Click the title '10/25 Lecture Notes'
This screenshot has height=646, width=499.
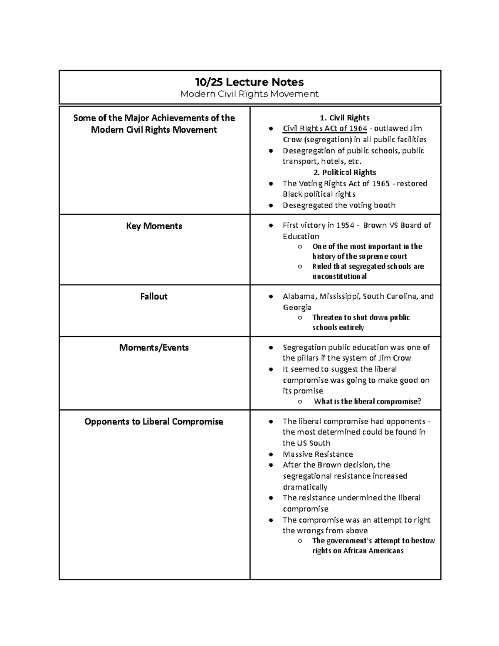pos(249,82)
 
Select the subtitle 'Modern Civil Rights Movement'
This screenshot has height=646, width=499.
pos(249,94)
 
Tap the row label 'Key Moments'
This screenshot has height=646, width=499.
pos(154,226)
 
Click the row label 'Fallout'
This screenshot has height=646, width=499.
pos(154,297)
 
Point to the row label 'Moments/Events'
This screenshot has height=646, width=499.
pos(154,348)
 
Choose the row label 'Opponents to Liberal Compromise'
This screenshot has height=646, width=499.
pos(154,422)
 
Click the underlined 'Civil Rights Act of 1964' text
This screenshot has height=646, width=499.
pos(325,129)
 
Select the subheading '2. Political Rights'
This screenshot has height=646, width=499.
pos(345,173)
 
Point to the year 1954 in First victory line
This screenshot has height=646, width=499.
pos(345,225)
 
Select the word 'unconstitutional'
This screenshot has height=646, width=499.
pos(339,277)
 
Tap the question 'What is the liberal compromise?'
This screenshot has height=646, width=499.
pos(367,402)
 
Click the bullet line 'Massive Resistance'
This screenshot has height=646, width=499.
pos(318,454)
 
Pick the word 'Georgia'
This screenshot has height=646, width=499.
pos(297,307)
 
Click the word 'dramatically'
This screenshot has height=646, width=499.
pos(305,487)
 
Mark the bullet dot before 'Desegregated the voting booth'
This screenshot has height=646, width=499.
pos(271,205)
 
